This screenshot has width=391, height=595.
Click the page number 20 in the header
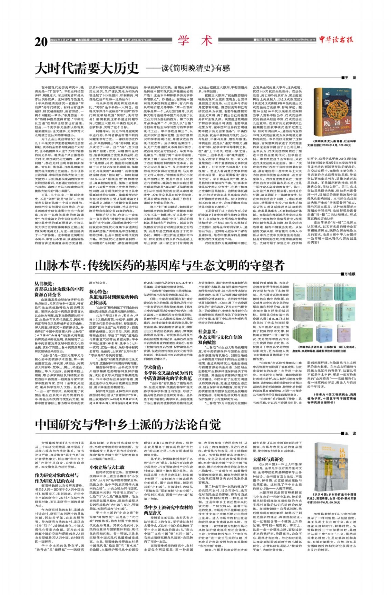[41, 42]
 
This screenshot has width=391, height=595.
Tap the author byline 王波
[349, 433]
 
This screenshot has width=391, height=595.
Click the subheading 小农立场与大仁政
[107, 467]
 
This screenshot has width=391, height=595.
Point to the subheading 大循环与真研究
[268, 459]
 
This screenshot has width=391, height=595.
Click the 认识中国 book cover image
[331, 466]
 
